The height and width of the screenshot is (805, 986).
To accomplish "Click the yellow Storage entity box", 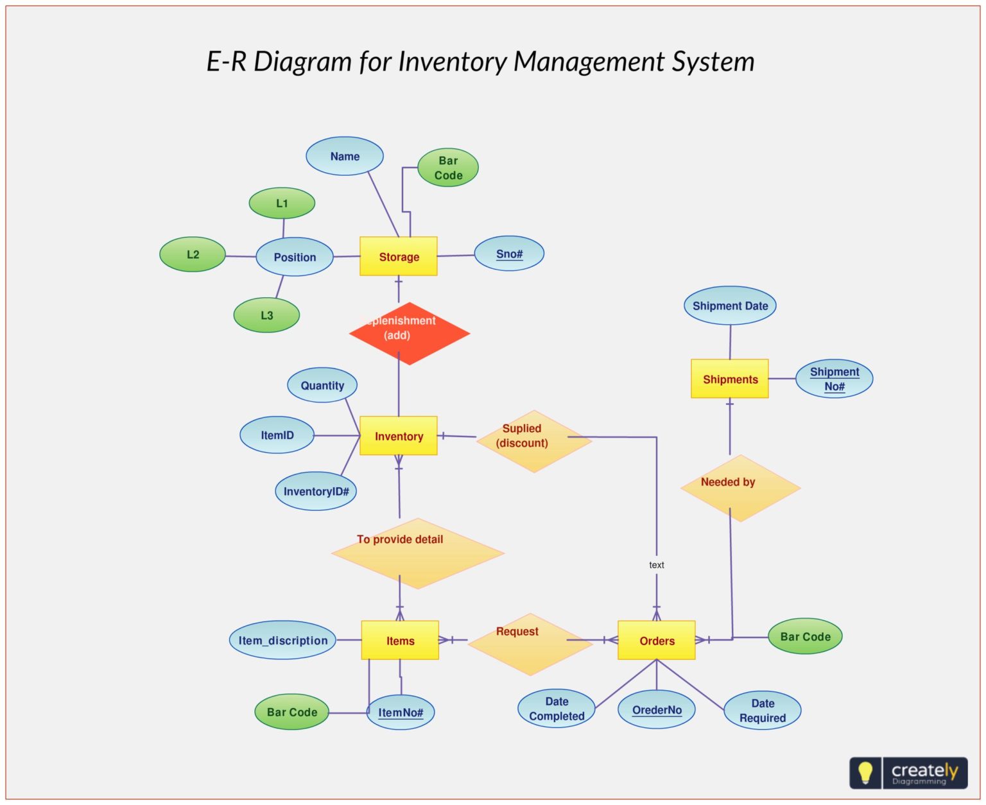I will pos(398,256).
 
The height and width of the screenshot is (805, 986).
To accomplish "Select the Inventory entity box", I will pos(398,436).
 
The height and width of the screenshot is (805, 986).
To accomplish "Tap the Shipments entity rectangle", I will pos(729,379).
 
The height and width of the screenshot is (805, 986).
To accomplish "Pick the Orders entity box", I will pos(656,640).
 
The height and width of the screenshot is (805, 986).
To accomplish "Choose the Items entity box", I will pos(399,640).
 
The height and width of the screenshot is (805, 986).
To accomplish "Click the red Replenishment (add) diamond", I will pos(409,333).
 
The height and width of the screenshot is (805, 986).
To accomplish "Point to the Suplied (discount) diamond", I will pos(533,441).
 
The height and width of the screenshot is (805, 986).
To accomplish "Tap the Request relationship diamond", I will pos(530,643).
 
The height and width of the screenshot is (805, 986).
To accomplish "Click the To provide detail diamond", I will pos(417,553).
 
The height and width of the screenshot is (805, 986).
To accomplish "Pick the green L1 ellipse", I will pos(281,203).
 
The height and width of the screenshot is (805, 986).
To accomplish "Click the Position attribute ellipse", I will pos(294,257).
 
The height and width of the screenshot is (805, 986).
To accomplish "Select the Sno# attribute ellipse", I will pos(508,254).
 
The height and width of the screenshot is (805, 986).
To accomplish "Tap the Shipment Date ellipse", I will pos(729,306).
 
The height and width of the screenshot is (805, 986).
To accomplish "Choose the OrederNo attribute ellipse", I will pos(656,709).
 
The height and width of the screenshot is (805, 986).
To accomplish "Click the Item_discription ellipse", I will pos(282,640).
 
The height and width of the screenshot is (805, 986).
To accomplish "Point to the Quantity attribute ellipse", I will pos(322,385).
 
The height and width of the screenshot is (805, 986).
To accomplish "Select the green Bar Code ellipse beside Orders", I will pos(804,636).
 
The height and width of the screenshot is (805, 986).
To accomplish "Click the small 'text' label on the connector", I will pos(656,565).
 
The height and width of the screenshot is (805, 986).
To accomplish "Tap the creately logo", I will pos(908,772).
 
